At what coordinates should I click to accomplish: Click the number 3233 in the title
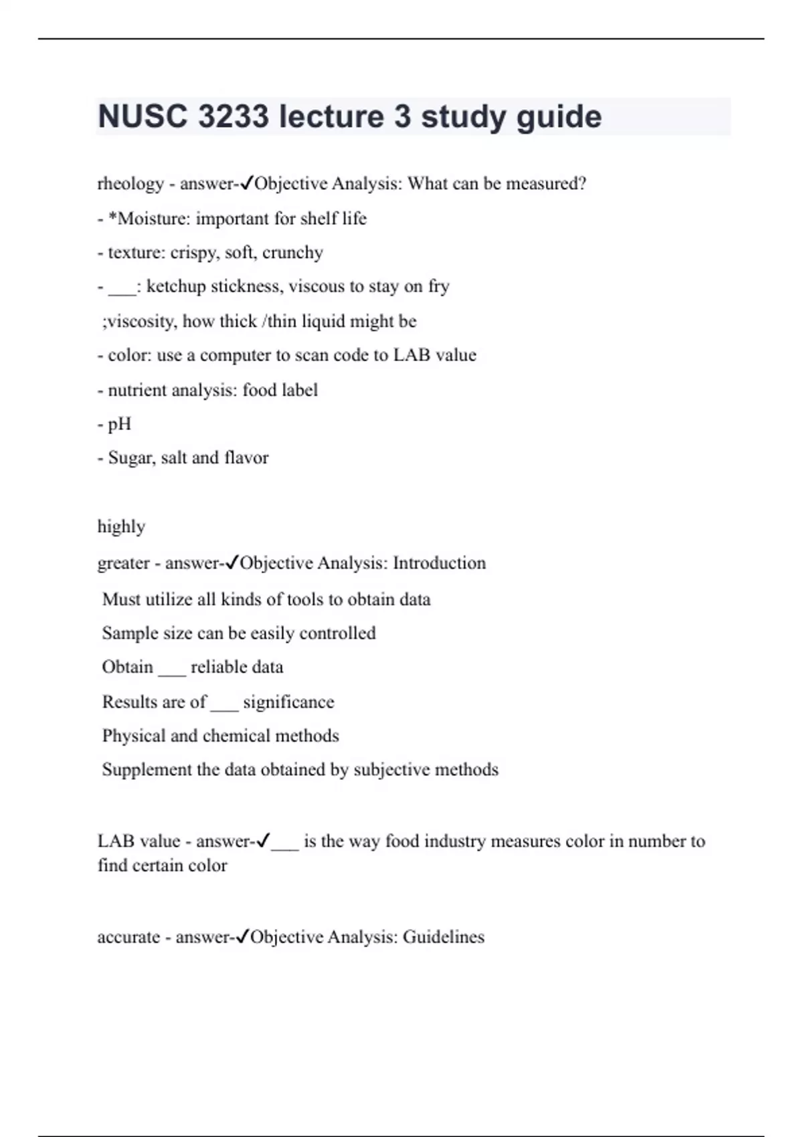click(x=232, y=116)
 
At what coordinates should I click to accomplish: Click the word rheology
click(x=130, y=184)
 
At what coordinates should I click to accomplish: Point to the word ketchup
click(x=176, y=287)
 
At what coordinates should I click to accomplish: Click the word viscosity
click(x=141, y=322)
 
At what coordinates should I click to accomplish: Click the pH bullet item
click(x=119, y=425)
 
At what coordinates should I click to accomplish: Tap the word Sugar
click(x=129, y=458)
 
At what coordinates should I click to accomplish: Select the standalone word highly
click(x=121, y=527)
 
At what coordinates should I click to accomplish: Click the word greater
click(x=123, y=564)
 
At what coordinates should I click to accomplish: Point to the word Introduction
click(x=439, y=563)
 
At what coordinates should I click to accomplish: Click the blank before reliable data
click(x=172, y=668)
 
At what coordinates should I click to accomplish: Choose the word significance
click(x=288, y=702)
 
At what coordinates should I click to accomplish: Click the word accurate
click(x=128, y=937)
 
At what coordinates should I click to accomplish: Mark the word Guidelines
click(x=443, y=937)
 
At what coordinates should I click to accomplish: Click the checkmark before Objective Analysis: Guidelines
click(x=243, y=936)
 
